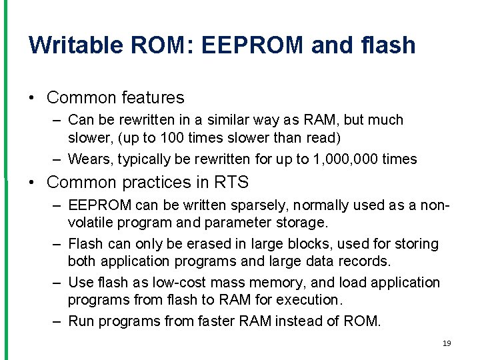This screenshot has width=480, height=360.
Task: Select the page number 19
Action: pos(446,343)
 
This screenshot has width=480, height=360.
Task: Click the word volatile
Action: pos(91,221)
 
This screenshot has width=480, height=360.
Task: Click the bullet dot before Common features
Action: pos(33,98)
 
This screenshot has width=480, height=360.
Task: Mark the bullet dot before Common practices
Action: pos(33,182)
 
